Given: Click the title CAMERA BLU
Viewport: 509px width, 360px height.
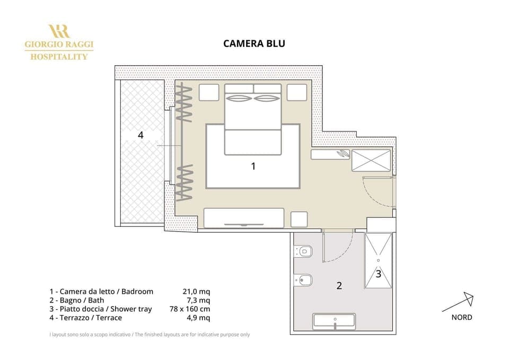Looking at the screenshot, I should pos(254,43).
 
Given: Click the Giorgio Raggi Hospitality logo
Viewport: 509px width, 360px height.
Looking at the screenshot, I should pos(59,42).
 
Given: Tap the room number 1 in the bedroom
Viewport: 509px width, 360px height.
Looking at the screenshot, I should pos(253,166).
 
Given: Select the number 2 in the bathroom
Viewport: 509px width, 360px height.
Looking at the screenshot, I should pos(339,286).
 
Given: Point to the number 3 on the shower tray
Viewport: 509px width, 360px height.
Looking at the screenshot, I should pos(378,274).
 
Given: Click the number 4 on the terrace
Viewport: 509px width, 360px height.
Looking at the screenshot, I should pos(141,135).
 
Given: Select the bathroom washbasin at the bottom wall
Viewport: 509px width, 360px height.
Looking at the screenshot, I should pos(334,321).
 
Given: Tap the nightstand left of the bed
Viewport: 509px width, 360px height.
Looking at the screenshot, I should pos(209,92).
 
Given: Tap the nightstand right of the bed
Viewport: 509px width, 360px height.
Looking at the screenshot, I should pos(297,92).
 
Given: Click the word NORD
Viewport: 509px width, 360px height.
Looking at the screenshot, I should pos(461,318).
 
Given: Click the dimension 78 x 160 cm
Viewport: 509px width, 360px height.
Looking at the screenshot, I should pos(190,309).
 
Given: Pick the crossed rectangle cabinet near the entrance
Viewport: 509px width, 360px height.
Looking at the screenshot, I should pos(371,160).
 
